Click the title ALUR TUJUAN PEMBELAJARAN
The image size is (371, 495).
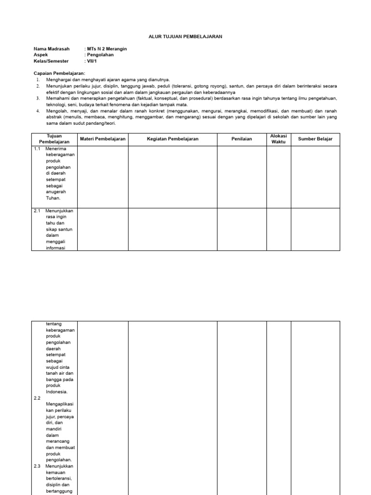click(185, 37)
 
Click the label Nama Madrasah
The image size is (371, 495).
click(52, 49)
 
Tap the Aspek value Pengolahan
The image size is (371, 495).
click(100, 55)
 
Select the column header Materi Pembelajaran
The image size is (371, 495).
click(102, 139)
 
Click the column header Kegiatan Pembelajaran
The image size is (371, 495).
click(172, 139)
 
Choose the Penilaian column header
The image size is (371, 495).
click(242, 139)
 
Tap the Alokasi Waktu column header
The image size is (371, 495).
click(278, 139)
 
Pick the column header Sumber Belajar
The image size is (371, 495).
click(315, 139)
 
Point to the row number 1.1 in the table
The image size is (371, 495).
click(37, 149)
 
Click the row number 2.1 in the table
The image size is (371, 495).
click(37, 211)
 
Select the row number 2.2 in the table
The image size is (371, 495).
click(37, 398)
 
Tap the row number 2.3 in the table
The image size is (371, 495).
click(37, 466)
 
